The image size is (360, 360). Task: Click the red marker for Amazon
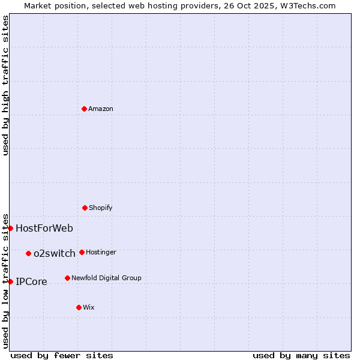pos(84,109)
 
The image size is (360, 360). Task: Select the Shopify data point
pos(85,208)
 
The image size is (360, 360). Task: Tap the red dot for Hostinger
pos(82,252)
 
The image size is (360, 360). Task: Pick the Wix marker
pos(79,307)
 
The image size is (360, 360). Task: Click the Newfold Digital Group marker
pos(67,278)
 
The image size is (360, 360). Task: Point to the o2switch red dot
pos(28,253)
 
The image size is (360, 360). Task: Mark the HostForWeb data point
pos(10,228)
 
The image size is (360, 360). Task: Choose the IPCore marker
pos(10,281)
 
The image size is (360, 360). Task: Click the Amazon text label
pos(101,109)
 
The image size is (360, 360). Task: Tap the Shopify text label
pos(101,208)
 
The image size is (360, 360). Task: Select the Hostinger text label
pos(101,253)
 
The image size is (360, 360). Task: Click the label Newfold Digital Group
pos(106,278)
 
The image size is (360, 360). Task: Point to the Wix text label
pos(89,308)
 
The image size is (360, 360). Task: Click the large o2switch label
pos(55,254)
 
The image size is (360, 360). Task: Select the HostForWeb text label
pos(44,229)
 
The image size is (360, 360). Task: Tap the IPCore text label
pos(31,282)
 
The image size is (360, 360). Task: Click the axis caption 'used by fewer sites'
pos(62,355)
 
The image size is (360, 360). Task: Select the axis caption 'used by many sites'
pos(301,355)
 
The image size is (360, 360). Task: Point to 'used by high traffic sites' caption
pos(5,85)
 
